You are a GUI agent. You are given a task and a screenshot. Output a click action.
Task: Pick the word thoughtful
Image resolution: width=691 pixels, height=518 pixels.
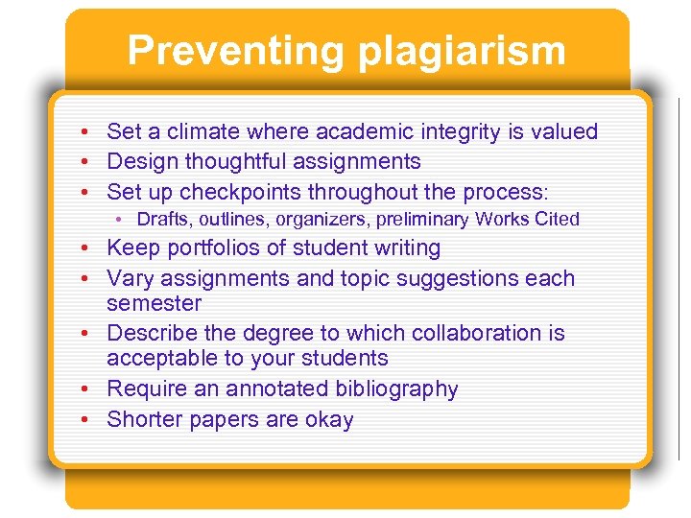point(226,161)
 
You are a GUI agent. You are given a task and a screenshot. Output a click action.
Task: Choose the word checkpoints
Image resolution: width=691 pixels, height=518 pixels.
point(243,191)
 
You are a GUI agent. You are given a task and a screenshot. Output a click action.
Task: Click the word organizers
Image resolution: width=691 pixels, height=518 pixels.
point(322,220)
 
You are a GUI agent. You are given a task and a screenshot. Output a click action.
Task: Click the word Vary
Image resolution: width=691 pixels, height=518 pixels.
point(131,278)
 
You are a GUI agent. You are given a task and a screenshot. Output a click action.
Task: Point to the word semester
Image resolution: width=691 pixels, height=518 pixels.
point(155,303)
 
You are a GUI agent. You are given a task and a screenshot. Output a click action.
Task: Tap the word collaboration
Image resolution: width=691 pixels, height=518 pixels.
point(477,333)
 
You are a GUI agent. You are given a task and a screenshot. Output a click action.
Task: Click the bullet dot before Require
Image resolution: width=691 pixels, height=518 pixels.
point(85,389)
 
